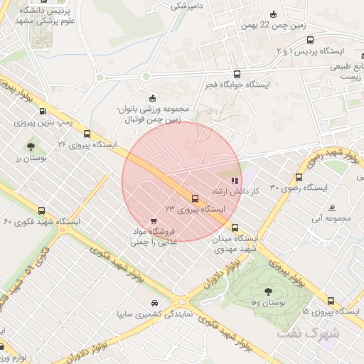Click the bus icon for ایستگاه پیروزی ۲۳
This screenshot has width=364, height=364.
tap(195, 198)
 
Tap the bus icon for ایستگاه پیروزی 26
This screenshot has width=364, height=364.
tap(87, 133)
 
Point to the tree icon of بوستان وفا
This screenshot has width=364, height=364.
tap(268, 291)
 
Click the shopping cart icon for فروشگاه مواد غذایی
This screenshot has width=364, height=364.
tap(155, 221)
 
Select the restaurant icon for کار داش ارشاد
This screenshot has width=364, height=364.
tap(235, 181)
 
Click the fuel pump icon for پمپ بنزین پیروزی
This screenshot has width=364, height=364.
tap(43, 111)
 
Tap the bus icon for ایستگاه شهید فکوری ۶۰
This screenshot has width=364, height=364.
tap(41, 211)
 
